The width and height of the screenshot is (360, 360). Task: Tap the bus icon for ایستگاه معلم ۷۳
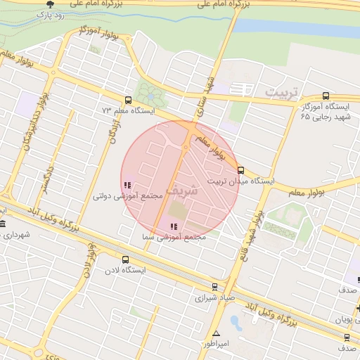(127, 100)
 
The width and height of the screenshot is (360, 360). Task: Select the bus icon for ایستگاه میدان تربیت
(240, 170)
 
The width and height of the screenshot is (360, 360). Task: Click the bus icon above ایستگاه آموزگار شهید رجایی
(325, 96)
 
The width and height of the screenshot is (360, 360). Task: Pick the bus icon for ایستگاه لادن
(125, 259)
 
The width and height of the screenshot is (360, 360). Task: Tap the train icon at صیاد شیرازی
(215, 286)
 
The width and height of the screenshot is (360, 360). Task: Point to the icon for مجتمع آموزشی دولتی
(127, 185)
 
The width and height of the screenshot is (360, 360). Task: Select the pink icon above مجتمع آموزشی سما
(173, 226)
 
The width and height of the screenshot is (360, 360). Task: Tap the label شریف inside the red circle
(185, 190)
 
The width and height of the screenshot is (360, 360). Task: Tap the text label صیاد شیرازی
(202, 298)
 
